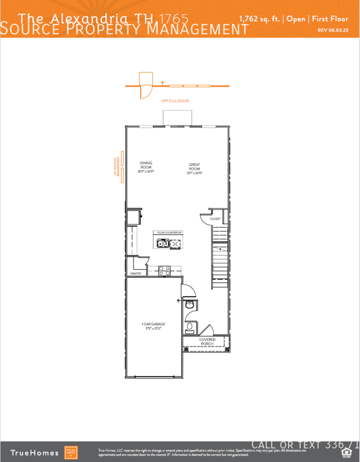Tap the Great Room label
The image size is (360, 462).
click(x=194, y=167)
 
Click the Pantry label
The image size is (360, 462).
click(x=136, y=273)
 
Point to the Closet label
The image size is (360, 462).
click(x=215, y=219)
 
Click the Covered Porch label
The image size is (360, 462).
click(x=207, y=342)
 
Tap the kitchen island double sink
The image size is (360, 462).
click(x=163, y=244)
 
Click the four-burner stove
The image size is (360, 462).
click(x=165, y=270)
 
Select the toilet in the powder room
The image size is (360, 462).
click(x=190, y=329)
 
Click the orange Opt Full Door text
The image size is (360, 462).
click(x=175, y=101)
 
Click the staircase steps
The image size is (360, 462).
click(x=219, y=267)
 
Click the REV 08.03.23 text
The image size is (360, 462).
click(x=333, y=30)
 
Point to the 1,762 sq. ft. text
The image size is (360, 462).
click(x=259, y=19)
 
